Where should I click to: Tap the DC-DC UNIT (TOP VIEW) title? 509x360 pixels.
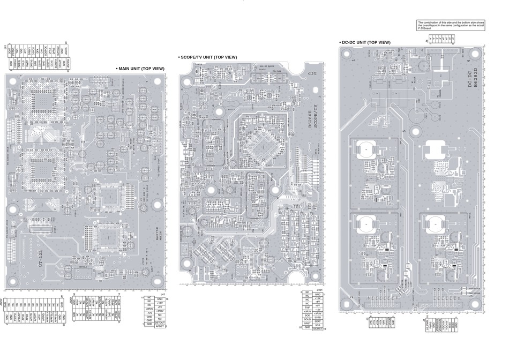pos(366,42)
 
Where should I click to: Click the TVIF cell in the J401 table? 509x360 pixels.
pos(308,307)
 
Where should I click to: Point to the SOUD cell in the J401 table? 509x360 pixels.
pos(308,319)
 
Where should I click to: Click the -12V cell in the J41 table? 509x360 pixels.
pos(149,313)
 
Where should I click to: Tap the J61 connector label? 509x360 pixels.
pos(5,48)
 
